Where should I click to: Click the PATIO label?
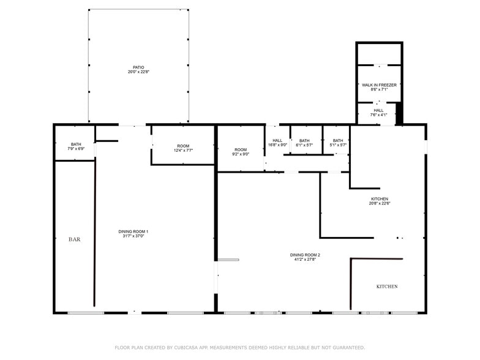point(138,67)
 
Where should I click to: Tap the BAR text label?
point(74,239)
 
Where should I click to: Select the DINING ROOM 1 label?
point(133,231)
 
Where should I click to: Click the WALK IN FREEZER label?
point(379,84)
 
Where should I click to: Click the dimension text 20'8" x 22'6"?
point(380,203)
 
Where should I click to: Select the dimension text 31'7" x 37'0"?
point(133,236)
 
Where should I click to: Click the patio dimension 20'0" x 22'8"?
point(138,72)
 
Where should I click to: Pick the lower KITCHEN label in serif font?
point(387,287)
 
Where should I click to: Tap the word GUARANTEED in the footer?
point(346,348)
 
